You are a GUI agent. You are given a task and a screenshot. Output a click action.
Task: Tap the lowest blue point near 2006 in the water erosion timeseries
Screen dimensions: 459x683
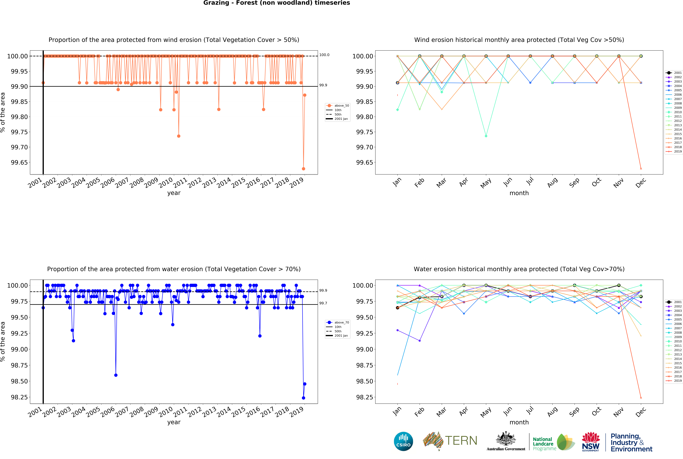pyautogui.click(x=116, y=375)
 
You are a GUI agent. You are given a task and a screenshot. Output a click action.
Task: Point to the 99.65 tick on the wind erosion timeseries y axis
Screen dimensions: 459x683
pyautogui.click(x=19, y=162)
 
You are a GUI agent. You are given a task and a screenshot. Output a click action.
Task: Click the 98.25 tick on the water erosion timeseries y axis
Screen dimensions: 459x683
pyautogui.click(x=19, y=397)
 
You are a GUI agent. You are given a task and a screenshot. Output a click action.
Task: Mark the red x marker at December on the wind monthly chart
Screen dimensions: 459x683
pyautogui.click(x=641, y=169)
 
